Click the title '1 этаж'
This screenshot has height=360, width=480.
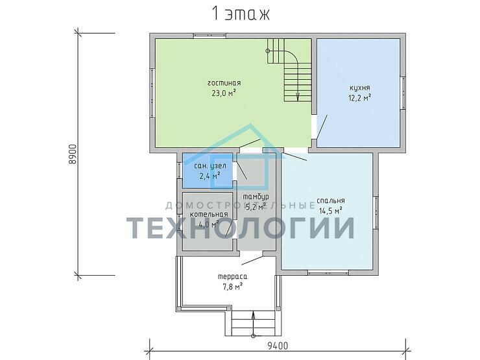[239, 14]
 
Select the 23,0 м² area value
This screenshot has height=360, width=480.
[224, 93]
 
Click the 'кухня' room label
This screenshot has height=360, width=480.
[359, 88]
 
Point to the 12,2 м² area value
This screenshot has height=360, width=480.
[359, 98]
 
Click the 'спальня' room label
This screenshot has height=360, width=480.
[331, 200]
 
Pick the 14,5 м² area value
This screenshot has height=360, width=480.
[331, 210]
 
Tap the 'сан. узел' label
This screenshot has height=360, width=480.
[210, 166]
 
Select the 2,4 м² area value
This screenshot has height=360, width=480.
[210, 175]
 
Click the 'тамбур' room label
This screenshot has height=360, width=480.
[256, 197]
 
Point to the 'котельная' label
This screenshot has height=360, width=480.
[208, 215]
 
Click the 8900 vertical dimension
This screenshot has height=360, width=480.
[73, 153]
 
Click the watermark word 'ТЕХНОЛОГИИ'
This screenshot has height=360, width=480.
[240, 228]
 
